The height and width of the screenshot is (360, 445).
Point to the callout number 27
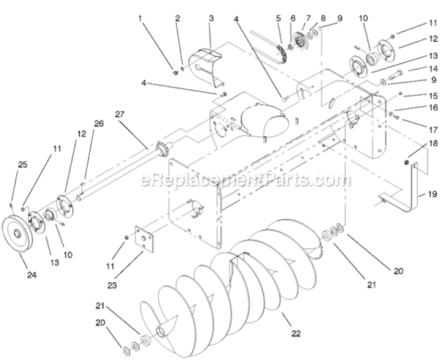click(119, 114)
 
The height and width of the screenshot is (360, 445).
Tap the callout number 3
click(211, 18)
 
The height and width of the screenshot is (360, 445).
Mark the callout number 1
click(141, 18)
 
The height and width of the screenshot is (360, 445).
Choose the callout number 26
click(98, 123)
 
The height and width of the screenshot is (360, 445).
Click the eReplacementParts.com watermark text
click(245, 180)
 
